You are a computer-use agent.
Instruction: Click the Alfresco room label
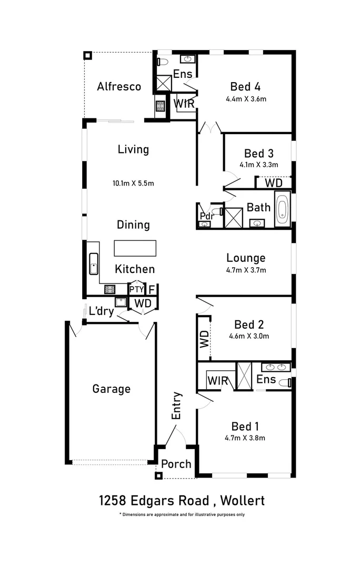click(x=119, y=86)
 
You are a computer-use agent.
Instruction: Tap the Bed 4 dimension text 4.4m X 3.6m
click(x=245, y=99)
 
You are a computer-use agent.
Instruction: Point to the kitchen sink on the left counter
click(x=94, y=263)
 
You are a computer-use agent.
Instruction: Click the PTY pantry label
click(x=136, y=290)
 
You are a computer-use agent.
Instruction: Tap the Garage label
click(x=111, y=389)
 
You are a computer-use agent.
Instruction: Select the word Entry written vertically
click(x=176, y=405)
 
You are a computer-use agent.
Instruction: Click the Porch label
click(x=176, y=464)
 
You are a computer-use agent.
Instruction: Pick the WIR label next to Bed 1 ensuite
click(x=217, y=380)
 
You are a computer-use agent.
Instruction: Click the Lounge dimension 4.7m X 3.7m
click(x=245, y=271)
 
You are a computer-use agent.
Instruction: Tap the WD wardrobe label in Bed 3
click(x=273, y=183)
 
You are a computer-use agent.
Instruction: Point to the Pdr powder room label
click(x=205, y=216)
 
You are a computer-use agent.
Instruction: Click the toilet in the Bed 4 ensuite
click(x=163, y=62)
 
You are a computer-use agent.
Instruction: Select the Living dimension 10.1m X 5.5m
click(x=133, y=184)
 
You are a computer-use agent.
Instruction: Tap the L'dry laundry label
click(x=101, y=311)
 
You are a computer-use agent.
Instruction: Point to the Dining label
click(x=133, y=225)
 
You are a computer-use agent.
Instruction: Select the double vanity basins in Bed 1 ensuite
click(x=276, y=367)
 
